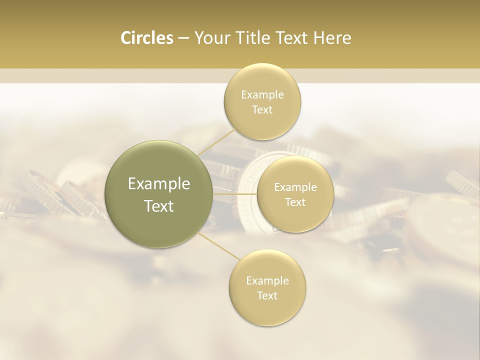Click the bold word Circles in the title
coord(147,38)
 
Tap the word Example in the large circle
coord(159,184)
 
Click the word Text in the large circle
coord(159,206)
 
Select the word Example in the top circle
coord(262,95)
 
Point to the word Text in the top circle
coord(262,110)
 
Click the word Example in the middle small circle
coord(295,187)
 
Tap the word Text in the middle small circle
coord(295,202)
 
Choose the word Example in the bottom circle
coord(267,281)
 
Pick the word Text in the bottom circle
coord(267,295)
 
